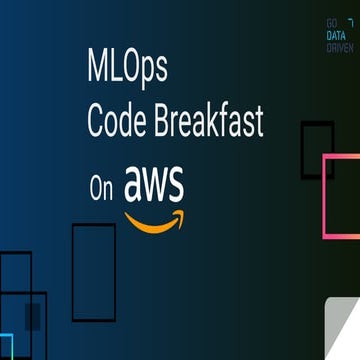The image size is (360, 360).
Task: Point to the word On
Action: point(100,191)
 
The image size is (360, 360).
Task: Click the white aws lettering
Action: point(154,184)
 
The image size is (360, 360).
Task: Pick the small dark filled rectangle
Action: point(33,317)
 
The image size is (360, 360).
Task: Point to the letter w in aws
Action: point(155,186)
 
